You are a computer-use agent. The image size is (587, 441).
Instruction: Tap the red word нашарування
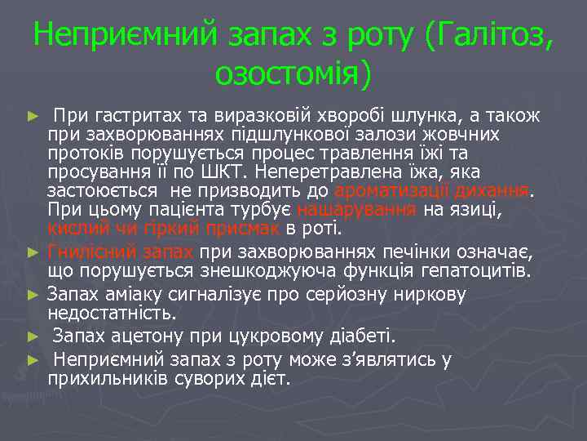tap(357, 210)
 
